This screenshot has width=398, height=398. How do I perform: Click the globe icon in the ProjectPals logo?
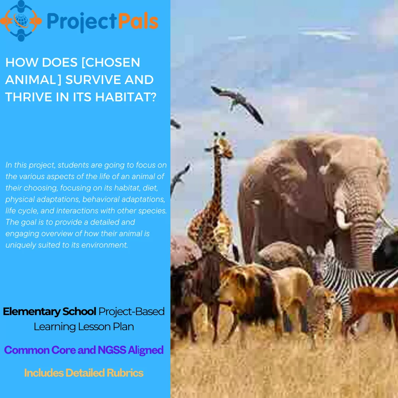21,20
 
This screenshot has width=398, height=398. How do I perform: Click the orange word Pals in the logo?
138,21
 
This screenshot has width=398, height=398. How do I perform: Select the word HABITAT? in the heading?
126,97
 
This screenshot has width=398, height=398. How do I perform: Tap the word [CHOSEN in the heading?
111,62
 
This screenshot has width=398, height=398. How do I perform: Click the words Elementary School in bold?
49,311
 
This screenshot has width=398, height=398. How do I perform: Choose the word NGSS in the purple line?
112,350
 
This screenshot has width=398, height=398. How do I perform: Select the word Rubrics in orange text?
125,373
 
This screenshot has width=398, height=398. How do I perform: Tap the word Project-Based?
132,311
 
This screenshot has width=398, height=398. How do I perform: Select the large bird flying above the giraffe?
237,104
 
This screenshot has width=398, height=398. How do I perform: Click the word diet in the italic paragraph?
150,188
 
